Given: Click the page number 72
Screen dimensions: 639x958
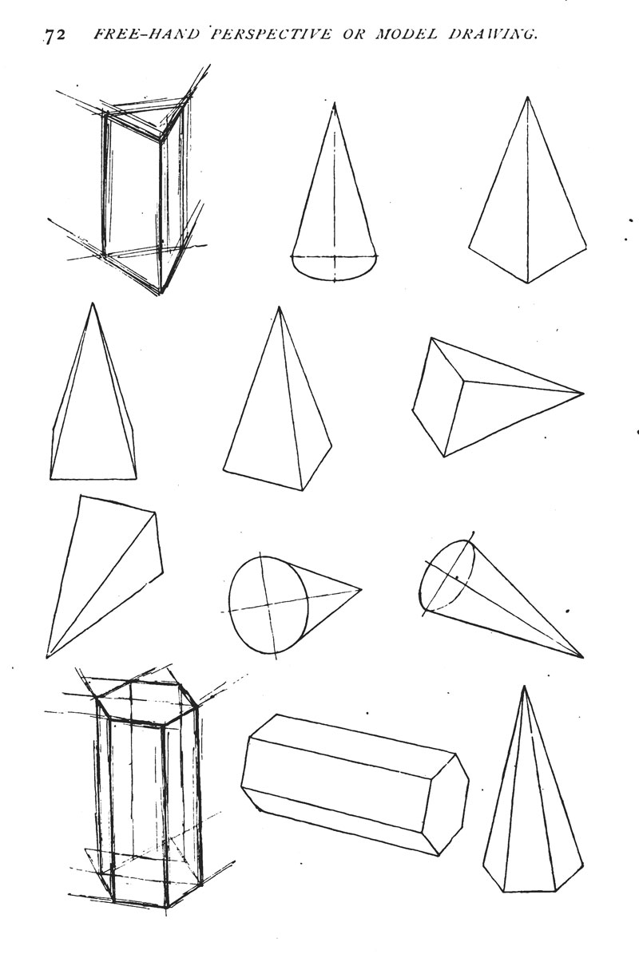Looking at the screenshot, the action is (55, 35).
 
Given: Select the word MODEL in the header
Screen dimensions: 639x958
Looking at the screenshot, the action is (407, 34).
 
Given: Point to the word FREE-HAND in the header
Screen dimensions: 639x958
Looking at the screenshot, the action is (146, 34).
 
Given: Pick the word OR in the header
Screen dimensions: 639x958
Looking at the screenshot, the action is (353, 34).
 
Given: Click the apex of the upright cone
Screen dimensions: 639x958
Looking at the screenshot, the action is (334, 103).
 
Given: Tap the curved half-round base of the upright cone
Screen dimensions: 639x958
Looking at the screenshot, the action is (334, 280).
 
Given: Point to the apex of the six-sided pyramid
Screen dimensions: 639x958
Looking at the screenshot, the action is (523, 687).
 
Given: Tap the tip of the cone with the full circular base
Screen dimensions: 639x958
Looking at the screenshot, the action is (362, 590).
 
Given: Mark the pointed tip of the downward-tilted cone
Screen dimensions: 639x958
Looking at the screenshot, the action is (582, 657).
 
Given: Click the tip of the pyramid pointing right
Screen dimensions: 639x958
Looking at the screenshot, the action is (583, 393).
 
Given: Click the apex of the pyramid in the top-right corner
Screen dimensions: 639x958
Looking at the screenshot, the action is (527, 97).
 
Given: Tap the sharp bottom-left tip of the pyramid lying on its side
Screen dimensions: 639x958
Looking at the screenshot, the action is (46, 656).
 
